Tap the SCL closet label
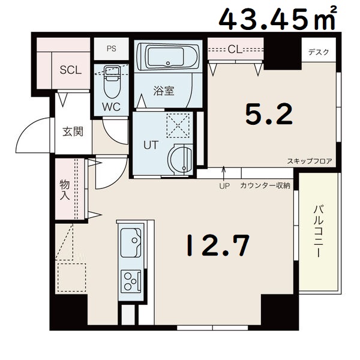click(x=70, y=69)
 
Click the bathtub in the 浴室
click(x=167, y=58)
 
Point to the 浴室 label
click(x=164, y=91)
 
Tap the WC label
click(x=112, y=107)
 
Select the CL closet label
click(x=235, y=49)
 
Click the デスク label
click(x=319, y=52)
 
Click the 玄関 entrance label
click(x=73, y=131)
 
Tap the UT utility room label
click(x=150, y=145)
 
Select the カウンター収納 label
click(x=265, y=185)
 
